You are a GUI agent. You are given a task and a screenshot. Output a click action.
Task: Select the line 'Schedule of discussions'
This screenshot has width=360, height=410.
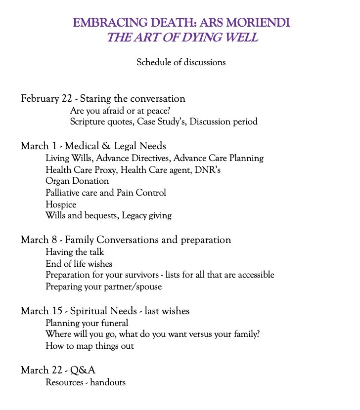181,62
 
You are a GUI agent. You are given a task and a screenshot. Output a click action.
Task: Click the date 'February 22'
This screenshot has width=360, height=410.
46,98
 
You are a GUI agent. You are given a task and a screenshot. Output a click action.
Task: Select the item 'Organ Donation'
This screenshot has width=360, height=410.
77,181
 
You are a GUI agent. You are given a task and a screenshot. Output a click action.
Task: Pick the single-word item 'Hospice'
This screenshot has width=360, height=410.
61,204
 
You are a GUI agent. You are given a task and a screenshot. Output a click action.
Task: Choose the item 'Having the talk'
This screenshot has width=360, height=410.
75,252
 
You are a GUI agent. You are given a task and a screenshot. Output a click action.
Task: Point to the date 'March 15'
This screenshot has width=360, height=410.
42,311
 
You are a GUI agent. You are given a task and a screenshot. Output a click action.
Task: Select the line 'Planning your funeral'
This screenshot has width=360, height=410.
87,323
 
